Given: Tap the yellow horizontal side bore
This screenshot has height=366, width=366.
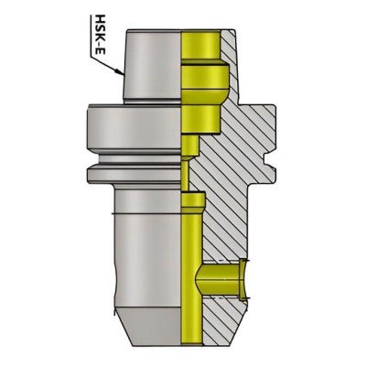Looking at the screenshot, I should (220, 274).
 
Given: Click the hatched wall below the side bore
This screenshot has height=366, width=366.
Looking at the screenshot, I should (224, 316).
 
